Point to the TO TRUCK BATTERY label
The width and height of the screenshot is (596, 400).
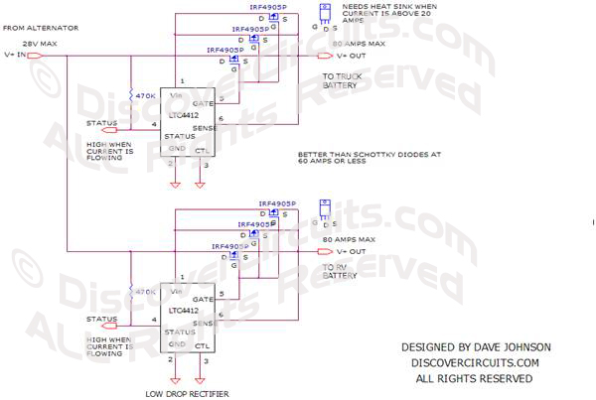(x=345, y=81)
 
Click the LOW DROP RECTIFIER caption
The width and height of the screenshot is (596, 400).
(x=188, y=394)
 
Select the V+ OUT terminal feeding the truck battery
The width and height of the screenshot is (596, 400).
(x=345, y=56)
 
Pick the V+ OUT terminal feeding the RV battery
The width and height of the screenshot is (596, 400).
(x=345, y=251)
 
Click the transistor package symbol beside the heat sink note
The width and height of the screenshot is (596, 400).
(x=325, y=14)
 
